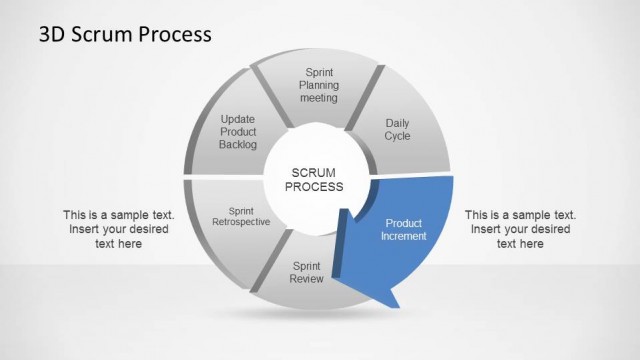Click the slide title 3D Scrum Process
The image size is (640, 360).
coord(125,34)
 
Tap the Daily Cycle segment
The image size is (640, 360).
coord(397,130)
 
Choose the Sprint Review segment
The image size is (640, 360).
coord(307,272)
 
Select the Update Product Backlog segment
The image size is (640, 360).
coord(238,132)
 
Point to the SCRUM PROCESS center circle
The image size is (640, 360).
coord(315,179)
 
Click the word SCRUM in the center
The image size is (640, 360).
coord(315,172)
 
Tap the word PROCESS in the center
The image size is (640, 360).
coord(315,187)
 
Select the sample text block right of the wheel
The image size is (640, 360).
coord(520,229)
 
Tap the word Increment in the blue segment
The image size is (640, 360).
coord(404,237)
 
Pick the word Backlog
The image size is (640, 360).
coord(238,145)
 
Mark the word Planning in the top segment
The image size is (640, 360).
coord(319,85)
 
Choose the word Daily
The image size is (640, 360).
coord(397,124)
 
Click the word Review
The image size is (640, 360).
coord(307,279)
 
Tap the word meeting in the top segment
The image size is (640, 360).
coord(319,98)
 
